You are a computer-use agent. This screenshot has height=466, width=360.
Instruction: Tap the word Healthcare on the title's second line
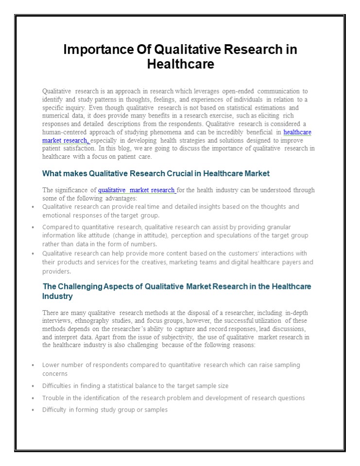pyautogui.click(x=180, y=64)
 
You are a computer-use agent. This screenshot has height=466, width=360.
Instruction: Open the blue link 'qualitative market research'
pyautogui.click(x=137, y=190)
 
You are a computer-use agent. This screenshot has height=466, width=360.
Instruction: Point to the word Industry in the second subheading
pyautogui.click(x=58, y=296)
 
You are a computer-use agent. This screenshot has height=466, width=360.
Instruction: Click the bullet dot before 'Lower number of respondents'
pyautogui.click(x=32, y=365)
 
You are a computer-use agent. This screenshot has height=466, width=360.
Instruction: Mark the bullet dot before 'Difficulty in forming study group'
pyautogui.click(x=32, y=410)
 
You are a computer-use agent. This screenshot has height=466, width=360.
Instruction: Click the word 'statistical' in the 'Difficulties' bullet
pyautogui.click(x=125, y=386)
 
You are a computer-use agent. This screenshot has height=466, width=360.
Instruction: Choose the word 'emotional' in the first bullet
pyautogui.click(x=57, y=215)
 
